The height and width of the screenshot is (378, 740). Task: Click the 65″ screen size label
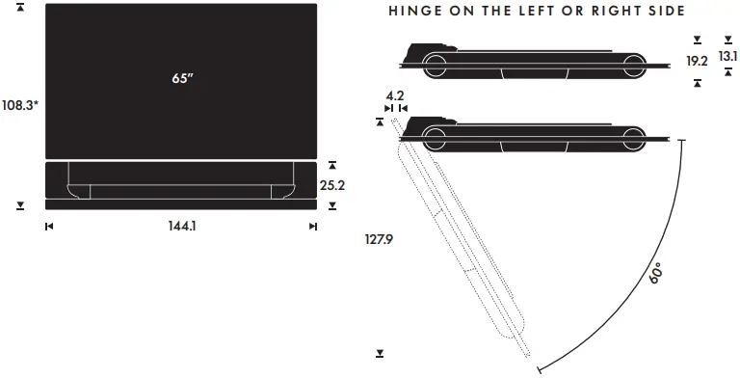[182, 78]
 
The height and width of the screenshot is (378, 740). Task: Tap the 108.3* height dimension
[20, 105]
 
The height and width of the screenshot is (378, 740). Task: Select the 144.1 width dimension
[182, 226]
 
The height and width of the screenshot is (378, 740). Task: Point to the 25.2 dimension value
[332, 186]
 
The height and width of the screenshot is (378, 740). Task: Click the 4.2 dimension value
[395, 95]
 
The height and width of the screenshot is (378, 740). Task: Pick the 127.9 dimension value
[379, 239]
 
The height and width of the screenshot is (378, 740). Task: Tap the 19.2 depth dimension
[697, 61]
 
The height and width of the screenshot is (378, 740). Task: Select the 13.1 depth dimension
[727, 56]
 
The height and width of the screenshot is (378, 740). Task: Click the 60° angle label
[656, 274]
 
